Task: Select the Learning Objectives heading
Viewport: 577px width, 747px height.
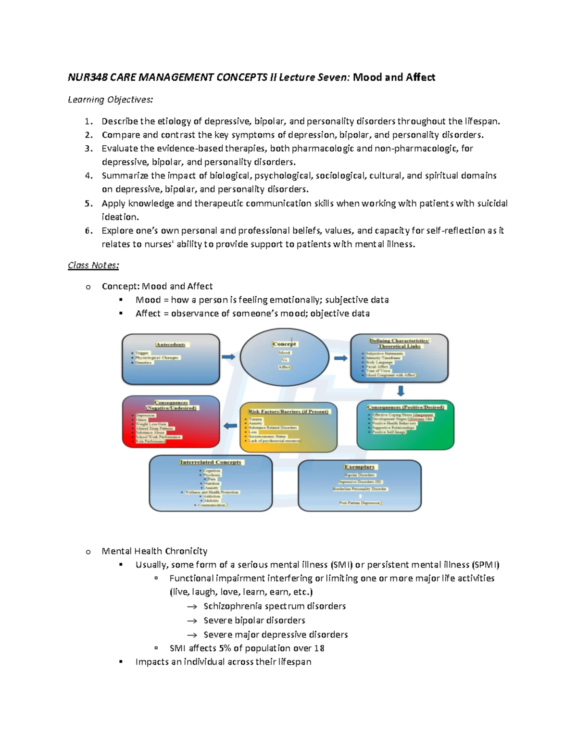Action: pyautogui.click(x=110, y=100)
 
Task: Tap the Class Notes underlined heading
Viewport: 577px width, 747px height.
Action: pyautogui.click(x=93, y=265)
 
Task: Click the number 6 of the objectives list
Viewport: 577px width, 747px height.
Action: pyautogui.click(x=88, y=231)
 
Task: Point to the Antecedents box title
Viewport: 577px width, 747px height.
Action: pyautogui.click(x=171, y=344)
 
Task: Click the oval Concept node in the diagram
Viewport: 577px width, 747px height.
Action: pyautogui.click(x=284, y=357)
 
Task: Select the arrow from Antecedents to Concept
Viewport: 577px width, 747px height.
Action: pyautogui.click(x=228, y=357)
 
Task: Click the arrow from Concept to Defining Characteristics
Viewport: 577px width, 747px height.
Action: pyautogui.click(x=340, y=358)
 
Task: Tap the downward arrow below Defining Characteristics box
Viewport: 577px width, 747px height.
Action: pyautogui.click(x=401, y=390)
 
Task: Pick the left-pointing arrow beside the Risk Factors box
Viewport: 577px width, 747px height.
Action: pyautogui.click(x=230, y=426)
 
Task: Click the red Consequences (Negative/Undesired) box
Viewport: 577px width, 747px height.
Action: pyautogui.click(x=171, y=422)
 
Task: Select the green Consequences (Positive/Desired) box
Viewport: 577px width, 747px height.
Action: pyautogui.click(x=405, y=425)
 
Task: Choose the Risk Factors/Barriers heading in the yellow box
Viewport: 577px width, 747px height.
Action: pyautogui.click(x=288, y=411)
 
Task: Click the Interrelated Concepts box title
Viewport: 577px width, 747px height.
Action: pyautogui.click(x=211, y=462)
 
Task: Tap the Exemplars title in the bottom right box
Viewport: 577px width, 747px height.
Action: pyautogui.click(x=359, y=467)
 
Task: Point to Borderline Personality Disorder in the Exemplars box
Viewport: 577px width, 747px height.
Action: pyautogui.click(x=360, y=489)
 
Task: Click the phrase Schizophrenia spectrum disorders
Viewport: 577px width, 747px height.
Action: pyautogui.click(x=275, y=606)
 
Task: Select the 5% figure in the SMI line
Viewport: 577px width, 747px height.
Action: pyautogui.click(x=225, y=648)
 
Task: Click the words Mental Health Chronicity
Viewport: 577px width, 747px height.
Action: pyautogui.click(x=154, y=551)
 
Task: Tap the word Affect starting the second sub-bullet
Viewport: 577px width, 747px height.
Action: pyautogui.click(x=148, y=314)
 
